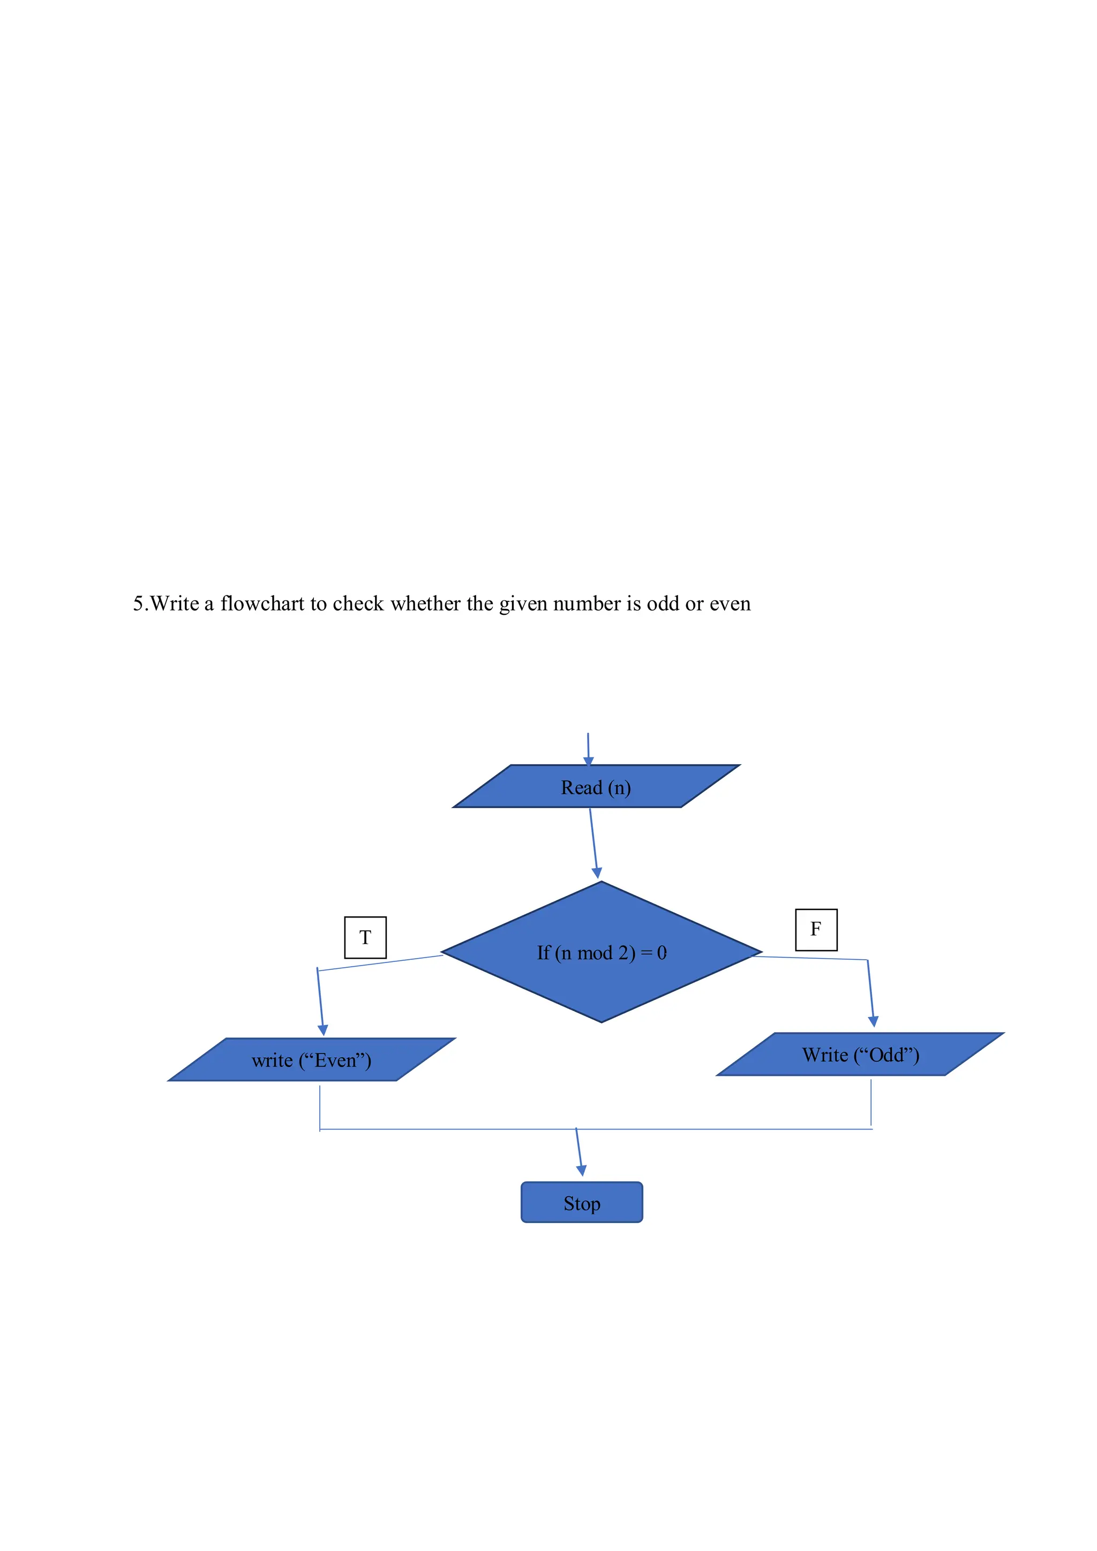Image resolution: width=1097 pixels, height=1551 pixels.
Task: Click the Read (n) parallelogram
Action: (x=596, y=786)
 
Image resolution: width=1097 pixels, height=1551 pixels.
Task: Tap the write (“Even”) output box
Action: (x=311, y=1060)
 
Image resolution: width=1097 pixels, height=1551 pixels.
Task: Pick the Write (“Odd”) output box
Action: (x=860, y=1055)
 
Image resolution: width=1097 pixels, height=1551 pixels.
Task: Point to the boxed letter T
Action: (x=365, y=938)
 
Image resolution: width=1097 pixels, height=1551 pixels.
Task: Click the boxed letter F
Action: (x=816, y=930)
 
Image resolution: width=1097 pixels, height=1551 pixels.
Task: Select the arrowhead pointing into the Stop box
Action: (x=582, y=1170)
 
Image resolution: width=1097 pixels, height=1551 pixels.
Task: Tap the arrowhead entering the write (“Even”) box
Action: (x=323, y=1029)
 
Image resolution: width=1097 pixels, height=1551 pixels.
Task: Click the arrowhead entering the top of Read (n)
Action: (x=588, y=761)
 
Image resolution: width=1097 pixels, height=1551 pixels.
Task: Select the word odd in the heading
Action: (x=663, y=603)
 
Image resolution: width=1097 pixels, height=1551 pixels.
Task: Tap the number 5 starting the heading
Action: (x=138, y=603)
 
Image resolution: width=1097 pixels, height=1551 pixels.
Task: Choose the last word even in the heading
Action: (x=730, y=603)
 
